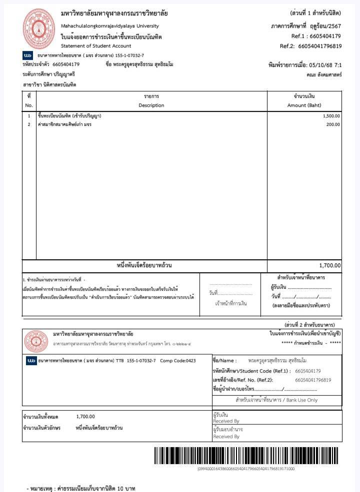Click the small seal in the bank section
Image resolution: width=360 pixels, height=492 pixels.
pos(35,342)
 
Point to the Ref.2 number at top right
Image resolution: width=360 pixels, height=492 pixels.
pos(319,46)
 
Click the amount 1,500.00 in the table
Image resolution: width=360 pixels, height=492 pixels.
pos(331,116)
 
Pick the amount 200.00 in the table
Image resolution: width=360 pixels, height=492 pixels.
pos(333,124)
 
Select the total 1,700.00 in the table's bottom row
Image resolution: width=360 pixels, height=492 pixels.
pos(330,266)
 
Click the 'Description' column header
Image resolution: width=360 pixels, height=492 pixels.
pos(151,105)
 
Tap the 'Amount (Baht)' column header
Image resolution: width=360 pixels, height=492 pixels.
pos(304,105)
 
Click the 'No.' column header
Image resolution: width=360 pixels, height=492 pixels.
pos(29,105)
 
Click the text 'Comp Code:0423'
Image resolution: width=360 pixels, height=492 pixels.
pos(178,361)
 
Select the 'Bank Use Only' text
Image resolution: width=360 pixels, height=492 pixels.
pos(299,400)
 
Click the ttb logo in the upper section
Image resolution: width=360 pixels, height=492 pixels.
pos(28,55)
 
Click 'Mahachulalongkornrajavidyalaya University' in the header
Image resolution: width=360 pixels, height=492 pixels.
pos(109,26)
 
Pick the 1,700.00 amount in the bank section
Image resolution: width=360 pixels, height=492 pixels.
pos(85,417)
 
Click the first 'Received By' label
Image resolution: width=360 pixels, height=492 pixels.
pos(226,421)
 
